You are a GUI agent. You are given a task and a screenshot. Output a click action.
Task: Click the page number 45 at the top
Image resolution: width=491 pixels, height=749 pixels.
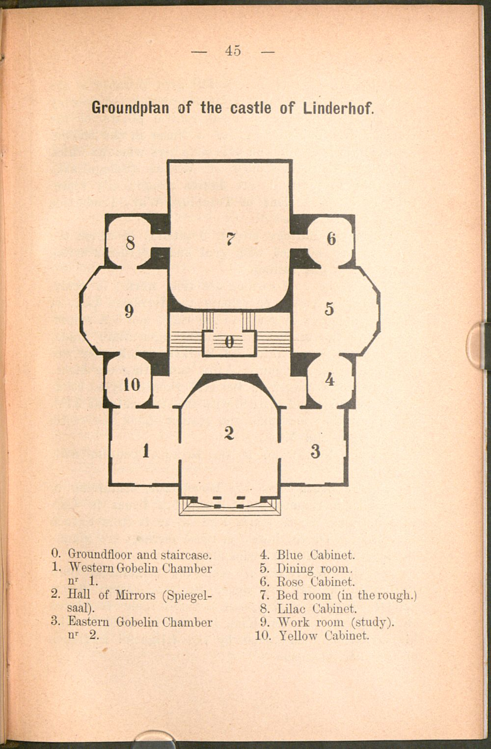tap(233, 51)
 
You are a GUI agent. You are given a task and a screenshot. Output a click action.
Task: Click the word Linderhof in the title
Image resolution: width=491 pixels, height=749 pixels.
tap(338, 108)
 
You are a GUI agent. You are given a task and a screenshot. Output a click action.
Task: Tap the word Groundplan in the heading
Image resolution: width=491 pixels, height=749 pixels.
tap(131, 108)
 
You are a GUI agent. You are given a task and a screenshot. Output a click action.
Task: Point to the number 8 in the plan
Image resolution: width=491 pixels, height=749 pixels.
tap(130, 243)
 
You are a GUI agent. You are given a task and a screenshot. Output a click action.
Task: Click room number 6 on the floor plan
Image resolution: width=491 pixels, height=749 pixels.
tap(331, 239)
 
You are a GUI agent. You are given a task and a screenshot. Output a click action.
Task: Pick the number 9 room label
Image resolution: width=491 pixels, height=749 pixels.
tap(129, 311)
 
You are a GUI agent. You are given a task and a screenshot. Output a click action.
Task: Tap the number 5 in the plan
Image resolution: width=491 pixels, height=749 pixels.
tap(329, 309)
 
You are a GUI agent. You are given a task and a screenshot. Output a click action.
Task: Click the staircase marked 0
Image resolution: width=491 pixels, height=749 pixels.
tap(229, 342)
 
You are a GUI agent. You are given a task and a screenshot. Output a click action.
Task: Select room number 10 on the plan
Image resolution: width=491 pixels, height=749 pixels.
tap(132, 385)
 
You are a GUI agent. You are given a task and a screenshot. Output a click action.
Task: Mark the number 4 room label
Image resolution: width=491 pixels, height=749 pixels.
tap(329, 380)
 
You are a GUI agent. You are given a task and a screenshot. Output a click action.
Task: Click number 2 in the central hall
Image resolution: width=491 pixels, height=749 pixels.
tap(229, 433)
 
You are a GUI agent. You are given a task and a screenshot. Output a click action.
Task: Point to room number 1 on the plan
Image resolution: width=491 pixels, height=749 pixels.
tap(146, 451)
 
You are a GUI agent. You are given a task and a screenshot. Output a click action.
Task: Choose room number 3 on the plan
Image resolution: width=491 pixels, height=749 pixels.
tap(315, 451)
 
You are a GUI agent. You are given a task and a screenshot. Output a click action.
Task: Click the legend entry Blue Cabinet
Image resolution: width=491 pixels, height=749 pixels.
tap(315, 555)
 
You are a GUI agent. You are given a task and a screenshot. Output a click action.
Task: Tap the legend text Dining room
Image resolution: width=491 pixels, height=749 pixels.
tap(314, 568)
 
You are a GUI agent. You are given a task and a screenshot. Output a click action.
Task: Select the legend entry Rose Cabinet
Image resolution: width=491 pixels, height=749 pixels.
tap(315, 582)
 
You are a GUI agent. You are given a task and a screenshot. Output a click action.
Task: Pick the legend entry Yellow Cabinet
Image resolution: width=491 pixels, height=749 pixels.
tap(324, 635)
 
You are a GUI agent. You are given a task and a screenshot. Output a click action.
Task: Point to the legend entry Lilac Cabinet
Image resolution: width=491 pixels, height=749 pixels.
tap(317, 609)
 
